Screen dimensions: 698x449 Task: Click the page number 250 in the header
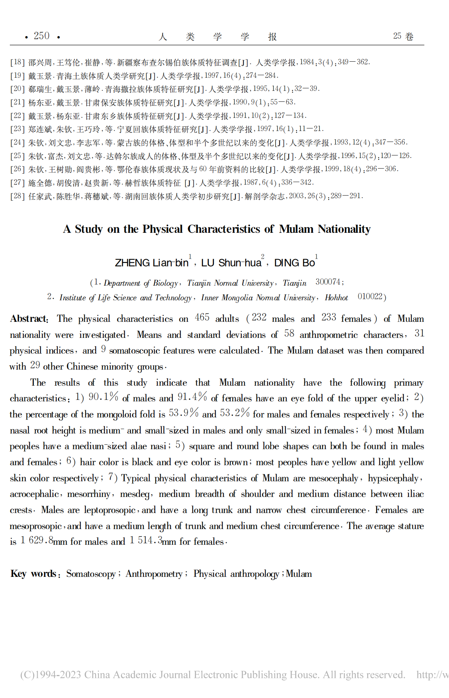tap(42, 36)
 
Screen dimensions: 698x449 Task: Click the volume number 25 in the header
tap(397, 36)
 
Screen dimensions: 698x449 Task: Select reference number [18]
tap(17, 62)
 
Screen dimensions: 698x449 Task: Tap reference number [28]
tap(17, 196)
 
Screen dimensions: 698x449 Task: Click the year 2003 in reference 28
tap(296, 196)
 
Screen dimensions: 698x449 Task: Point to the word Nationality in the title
tap(344, 229)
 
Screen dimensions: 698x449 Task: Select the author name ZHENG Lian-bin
tap(151, 263)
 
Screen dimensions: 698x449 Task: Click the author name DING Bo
tap(294, 263)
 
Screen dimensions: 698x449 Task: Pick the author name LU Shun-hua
tap(231, 263)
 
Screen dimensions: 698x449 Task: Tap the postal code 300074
tap(328, 282)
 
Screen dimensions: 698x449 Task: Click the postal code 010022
tap(370, 296)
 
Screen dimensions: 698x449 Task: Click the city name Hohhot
tap(336, 298)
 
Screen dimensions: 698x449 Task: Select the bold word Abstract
tap(29, 319)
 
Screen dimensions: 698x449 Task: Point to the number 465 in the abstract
tap(202, 317)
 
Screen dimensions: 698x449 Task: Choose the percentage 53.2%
tap(235, 413)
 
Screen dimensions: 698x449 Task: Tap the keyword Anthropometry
tap(154, 574)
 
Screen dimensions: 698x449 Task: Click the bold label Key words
tap(34, 574)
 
